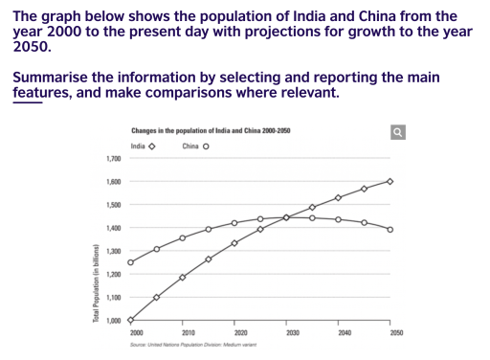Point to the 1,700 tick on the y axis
click(114, 158)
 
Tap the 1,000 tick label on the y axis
click(114, 321)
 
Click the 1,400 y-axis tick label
click(114, 228)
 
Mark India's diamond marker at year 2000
click(130, 320)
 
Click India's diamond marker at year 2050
click(390, 181)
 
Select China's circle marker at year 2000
click(130, 262)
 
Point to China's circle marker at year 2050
click(390, 229)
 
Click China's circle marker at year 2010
click(182, 237)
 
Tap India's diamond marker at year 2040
click(338, 197)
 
